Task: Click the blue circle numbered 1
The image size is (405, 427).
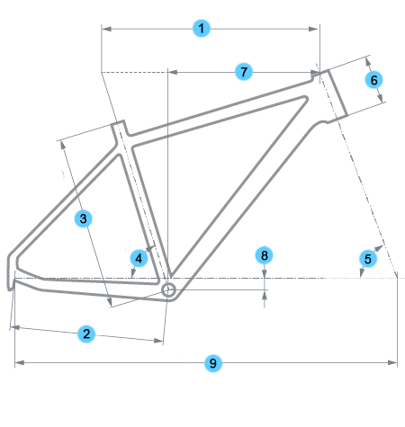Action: click(x=201, y=29)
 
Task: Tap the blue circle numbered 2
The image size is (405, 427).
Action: click(x=86, y=334)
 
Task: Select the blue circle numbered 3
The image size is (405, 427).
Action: click(x=83, y=218)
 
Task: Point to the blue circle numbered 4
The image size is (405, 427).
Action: click(x=139, y=258)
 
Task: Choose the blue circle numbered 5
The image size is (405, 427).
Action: click(x=368, y=259)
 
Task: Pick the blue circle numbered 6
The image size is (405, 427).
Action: click(x=373, y=80)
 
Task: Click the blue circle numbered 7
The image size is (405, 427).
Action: click(x=244, y=72)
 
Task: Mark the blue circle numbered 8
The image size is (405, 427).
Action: click(x=264, y=255)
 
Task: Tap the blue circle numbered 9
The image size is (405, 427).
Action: click(x=212, y=363)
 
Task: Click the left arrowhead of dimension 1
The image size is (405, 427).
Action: click(x=106, y=29)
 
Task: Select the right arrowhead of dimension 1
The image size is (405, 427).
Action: click(x=313, y=29)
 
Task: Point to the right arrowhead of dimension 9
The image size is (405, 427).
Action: click(x=392, y=363)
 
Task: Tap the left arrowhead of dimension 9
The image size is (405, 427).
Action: click(x=20, y=363)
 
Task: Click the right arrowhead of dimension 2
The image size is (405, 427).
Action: click(x=158, y=341)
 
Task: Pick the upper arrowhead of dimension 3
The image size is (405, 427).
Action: click(x=63, y=145)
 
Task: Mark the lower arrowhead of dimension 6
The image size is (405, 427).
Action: click(x=380, y=98)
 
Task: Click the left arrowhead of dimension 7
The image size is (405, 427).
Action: click(x=173, y=72)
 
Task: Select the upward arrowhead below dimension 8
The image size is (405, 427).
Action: click(x=265, y=296)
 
